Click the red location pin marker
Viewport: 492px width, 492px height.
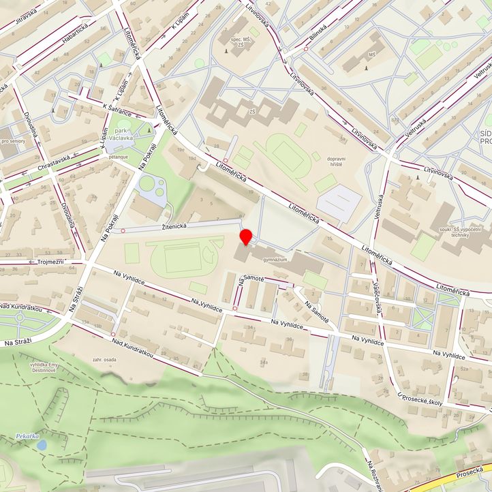[x=246, y=236]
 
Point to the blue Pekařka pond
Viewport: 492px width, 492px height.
[x=42, y=444]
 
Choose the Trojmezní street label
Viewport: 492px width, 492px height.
[x=46, y=261]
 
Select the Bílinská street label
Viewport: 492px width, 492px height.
[x=316, y=33]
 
